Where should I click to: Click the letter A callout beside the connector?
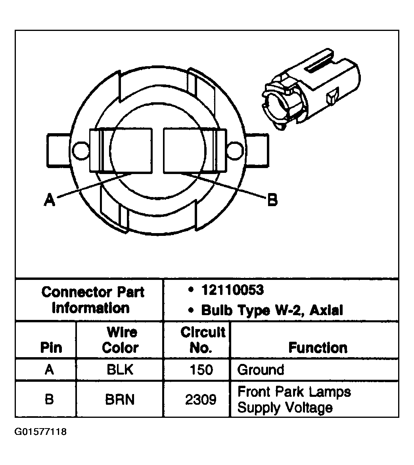pos(49,200)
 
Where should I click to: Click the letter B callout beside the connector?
pos(272,200)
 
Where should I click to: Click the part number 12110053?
pos(232,290)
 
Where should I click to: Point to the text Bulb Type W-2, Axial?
pos(272,310)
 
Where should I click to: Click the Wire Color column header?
pos(120,340)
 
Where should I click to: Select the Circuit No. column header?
pos(203,340)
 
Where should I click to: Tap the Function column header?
pos(318,348)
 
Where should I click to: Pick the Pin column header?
pos(51,348)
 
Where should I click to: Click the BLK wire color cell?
pos(120,370)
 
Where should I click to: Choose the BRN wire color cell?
pos(120,399)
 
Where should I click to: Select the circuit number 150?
pos(201,370)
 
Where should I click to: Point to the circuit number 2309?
pos(201,399)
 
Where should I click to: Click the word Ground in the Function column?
pos(261,370)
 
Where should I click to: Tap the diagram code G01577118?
pos(40,432)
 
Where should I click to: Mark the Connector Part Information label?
pos(92,300)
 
